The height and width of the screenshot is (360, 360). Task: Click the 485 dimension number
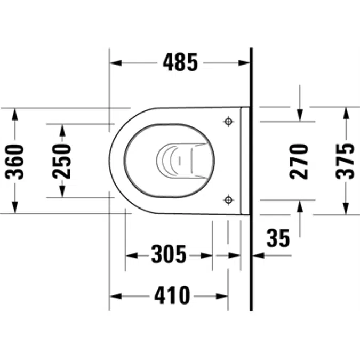click(180, 62)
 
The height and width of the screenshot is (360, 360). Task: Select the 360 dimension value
click(14, 162)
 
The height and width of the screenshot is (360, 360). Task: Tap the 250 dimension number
click(61, 161)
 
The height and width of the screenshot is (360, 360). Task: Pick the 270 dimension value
click(299, 162)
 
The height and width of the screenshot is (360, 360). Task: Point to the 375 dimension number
click(345, 161)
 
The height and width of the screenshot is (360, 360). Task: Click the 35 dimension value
click(278, 238)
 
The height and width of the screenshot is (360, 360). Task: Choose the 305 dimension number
click(169, 254)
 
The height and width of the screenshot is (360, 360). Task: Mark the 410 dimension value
click(172, 295)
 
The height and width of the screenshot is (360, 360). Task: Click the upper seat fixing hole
click(228, 122)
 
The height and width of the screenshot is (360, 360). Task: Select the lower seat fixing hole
click(228, 200)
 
